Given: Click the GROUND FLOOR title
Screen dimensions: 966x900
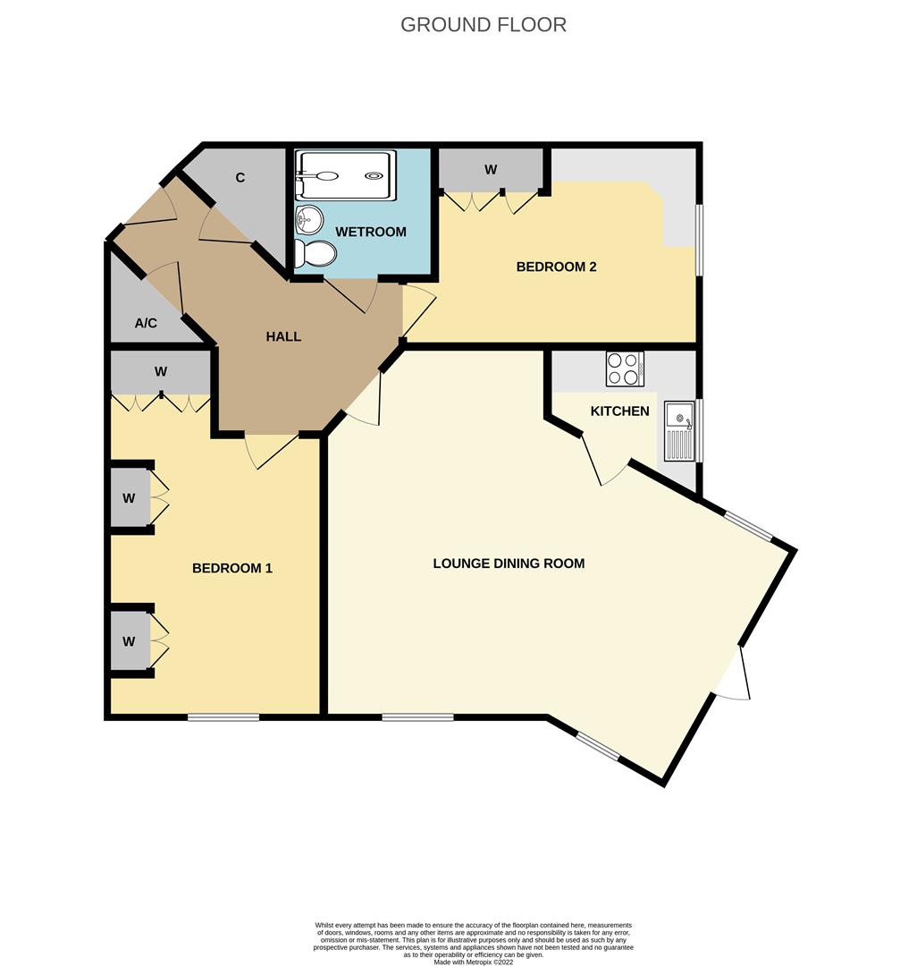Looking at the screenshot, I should click(x=483, y=24).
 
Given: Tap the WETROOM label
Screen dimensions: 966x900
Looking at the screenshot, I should click(x=370, y=232).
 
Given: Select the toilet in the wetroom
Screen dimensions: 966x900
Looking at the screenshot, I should click(x=316, y=254).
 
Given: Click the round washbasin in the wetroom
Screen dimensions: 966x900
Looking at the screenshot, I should click(x=310, y=217).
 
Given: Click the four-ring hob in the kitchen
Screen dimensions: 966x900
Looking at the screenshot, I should click(x=625, y=369).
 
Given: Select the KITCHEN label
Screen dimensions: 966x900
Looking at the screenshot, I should click(x=619, y=411).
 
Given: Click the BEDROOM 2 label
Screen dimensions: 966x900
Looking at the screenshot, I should click(x=556, y=267).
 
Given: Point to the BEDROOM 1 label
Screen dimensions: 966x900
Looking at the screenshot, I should click(x=232, y=568).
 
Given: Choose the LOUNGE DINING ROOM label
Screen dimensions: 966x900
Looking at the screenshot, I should click(x=509, y=563).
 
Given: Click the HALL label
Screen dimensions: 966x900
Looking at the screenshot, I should click(x=283, y=337).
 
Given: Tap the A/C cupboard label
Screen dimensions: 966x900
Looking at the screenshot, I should click(x=146, y=323).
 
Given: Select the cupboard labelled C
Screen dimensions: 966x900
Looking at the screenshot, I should click(x=240, y=178).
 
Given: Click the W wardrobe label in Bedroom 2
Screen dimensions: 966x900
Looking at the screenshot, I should click(x=491, y=169).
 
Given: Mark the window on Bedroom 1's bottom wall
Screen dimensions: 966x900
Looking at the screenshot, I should click(x=223, y=716).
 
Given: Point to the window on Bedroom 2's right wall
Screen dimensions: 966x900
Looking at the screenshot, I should click(x=699, y=240).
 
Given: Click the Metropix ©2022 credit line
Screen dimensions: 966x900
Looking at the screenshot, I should click(x=473, y=962).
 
